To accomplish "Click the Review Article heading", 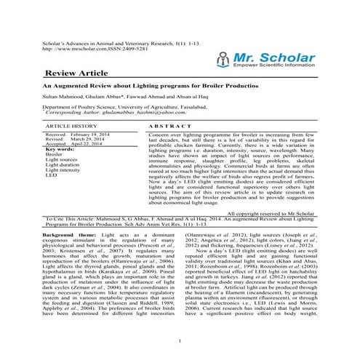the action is pyautogui.click(x=76, y=74).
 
